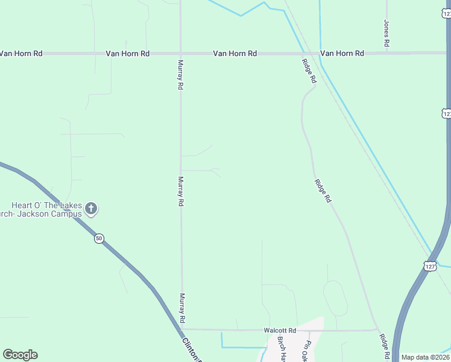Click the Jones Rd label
pyautogui.click(x=387, y=34)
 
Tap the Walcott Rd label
pyautogui.click(x=280, y=331)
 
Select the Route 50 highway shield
pyautogui.click(x=99, y=239)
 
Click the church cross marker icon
pyautogui.click(x=91, y=209)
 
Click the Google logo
pyautogui.click(x=20, y=355)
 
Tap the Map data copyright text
pyautogui.click(x=425, y=357)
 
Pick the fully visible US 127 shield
pyautogui.click(x=429, y=266)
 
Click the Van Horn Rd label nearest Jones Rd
pyautogui.click(x=342, y=54)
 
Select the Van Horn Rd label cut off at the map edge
pyautogui.click(x=20, y=54)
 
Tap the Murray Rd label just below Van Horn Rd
pyautogui.click(x=180, y=75)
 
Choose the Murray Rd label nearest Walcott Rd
pyautogui.click(x=181, y=308)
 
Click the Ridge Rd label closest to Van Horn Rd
pyautogui.click(x=309, y=69)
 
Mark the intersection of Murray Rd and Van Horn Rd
pyautogui.click(x=180, y=54)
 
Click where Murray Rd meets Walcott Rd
pyautogui.click(x=182, y=330)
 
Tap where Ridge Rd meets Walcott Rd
pyautogui.click(x=377, y=330)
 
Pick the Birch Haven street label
pyautogui.click(x=281, y=349)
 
